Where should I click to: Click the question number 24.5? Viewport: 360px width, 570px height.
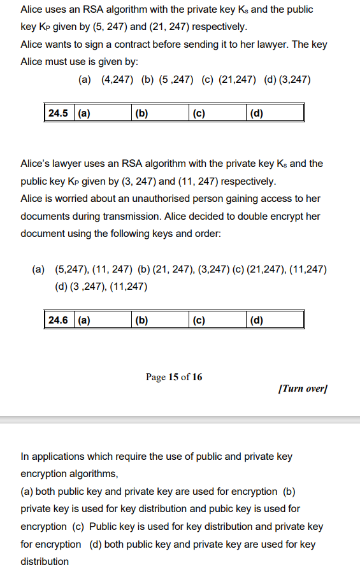[x=58, y=114]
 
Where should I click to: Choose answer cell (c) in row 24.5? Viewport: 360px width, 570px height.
[x=217, y=114]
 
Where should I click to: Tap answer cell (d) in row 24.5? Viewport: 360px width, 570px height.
[x=275, y=114]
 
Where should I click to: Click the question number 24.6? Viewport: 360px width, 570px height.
[x=58, y=320]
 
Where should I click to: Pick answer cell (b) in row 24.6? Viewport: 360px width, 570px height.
[x=160, y=320]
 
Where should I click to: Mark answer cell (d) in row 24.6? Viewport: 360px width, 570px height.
[x=275, y=320]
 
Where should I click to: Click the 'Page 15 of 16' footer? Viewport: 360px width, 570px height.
[x=174, y=377]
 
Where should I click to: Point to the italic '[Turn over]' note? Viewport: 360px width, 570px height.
[x=303, y=388]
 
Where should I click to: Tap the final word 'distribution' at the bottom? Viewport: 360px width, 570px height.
[x=45, y=561]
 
